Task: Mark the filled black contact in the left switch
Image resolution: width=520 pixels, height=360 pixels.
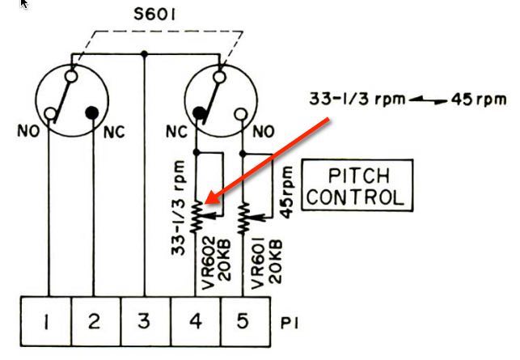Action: [94, 111]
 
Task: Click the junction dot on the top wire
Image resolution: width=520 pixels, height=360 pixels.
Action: [144, 55]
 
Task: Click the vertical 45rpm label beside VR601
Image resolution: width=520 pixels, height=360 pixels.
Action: [285, 191]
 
